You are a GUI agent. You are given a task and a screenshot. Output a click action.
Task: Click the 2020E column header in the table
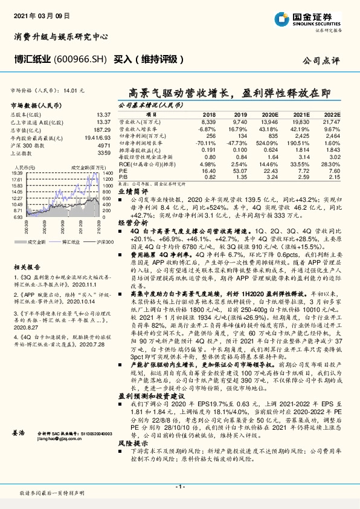tap(272, 114)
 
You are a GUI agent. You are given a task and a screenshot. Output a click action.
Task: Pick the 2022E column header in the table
tap(332, 114)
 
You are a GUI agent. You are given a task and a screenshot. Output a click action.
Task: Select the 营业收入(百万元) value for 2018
tap(208, 122)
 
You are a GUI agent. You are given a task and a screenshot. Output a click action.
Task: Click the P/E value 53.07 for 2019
tap(240, 171)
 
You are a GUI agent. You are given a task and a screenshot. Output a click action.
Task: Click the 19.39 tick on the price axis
tap(17, 173)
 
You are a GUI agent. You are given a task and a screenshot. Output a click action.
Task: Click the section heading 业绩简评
tap(130, 190)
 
